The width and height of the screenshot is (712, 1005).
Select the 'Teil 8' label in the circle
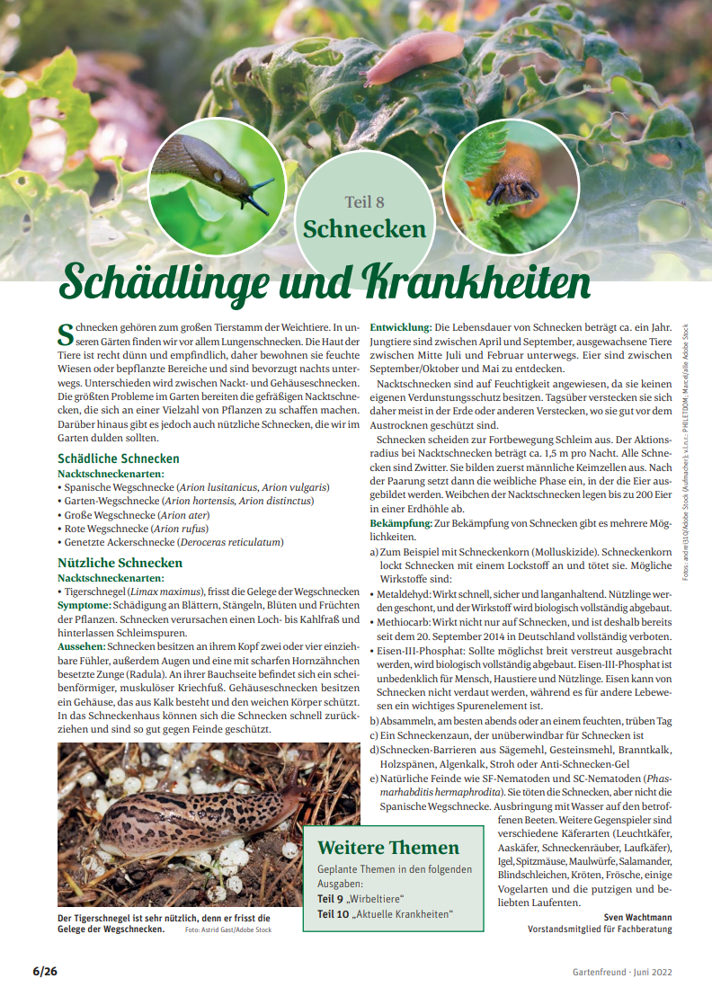(x=364, y=202)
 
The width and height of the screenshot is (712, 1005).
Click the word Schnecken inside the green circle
(x=364, y=228)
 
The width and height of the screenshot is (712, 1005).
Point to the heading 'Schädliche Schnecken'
(x=118, y=458)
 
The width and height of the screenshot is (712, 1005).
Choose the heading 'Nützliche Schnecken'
(x=120, y=563)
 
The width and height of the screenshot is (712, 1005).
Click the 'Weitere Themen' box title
(x=388, y=848)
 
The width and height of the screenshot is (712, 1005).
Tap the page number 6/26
(x=45, y=972)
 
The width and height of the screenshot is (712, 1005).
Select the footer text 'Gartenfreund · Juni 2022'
(x=622, y=973)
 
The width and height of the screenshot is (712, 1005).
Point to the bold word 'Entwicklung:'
(x=401, y=327)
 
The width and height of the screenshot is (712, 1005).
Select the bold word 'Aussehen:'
(x=81, y=647)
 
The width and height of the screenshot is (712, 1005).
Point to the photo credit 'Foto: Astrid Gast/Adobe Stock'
(x=228, y=929)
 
